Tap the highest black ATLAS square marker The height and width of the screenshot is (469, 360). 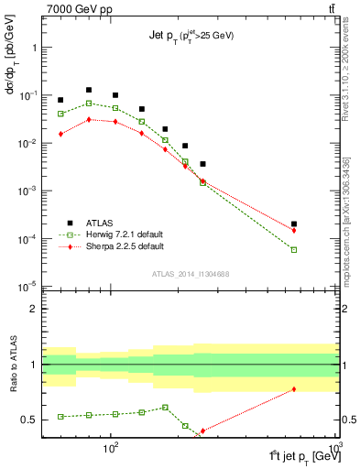click(89, 90)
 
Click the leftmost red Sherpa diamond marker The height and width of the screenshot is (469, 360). click(60, 134)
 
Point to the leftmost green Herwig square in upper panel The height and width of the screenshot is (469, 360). click(60, 114)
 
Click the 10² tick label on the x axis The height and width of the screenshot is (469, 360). click(112, 449)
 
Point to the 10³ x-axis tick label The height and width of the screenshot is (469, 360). click(335, 449)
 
